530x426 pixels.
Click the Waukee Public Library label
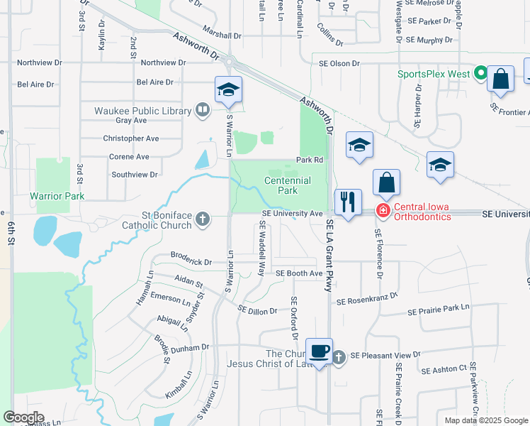pyautogui.click(x=143, y=111)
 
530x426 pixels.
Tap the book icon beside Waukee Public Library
pyautogui.click(x=203, y=110)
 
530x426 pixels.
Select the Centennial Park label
pyautogui.click(x=288, y=185)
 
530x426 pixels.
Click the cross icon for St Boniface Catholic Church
pyautogui.click(x=203, y=219)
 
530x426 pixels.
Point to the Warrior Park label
pyautogui.click(x=57, y=195)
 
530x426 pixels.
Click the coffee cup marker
pyautogui.click(x=320, y=351)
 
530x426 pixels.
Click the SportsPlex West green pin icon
pyautogui.click(x=480, y=73)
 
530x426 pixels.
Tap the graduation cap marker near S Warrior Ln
pyautogui.click(x=229, y=90)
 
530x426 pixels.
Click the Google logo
pyautogui.click(x=23, y=417)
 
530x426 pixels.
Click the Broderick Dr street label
pyautogui.click(x=191, y=262)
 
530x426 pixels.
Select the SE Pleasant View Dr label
pyautogui.click(x=385, y=354)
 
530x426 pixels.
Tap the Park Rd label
pyautogui.click(x=315, y=160)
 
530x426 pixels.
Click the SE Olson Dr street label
pyautogui.click(x=339, y=63)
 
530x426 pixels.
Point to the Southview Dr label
pyautogui.click(x=134, y=173)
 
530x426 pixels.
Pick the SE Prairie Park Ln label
pyautogui.click(x=439, y=308)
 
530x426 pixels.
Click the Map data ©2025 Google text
pyautogui.click(x=485, y=420)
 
